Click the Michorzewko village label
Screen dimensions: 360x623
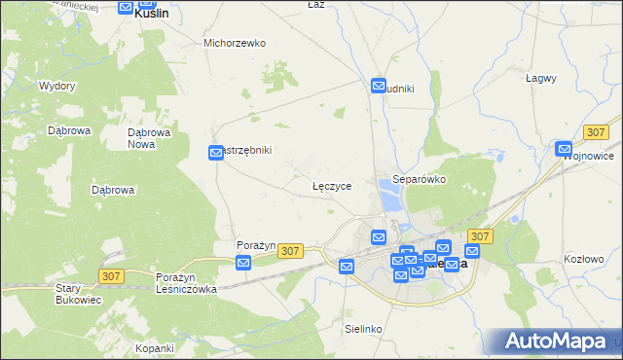235,43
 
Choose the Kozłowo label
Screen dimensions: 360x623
584,259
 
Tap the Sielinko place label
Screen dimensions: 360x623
363,329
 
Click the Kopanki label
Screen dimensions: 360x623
155,347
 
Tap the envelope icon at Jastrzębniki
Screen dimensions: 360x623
216,153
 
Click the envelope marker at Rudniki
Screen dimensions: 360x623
379,87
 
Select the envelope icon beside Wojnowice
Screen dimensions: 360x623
564,149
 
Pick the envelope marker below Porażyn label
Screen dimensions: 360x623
243,262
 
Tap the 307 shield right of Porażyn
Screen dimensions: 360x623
289,251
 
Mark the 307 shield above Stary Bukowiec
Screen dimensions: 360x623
111,276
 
